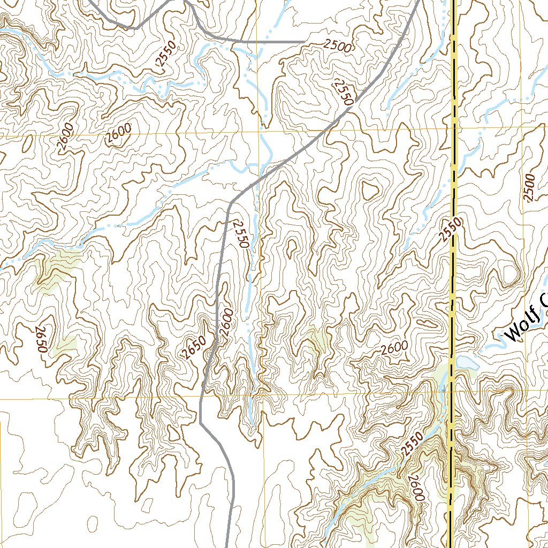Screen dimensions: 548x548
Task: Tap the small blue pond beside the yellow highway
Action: click(465, 362)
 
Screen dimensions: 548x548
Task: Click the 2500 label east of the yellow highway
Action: click(529, 188)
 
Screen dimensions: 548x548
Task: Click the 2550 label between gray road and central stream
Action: click(241, 234)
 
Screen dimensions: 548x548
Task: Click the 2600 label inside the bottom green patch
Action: click(415, 488)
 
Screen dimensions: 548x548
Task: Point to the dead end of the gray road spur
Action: click(304, 41)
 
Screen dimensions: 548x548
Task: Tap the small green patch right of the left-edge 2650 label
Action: click(66, 344)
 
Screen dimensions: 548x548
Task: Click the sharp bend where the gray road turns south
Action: click(231, 203)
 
